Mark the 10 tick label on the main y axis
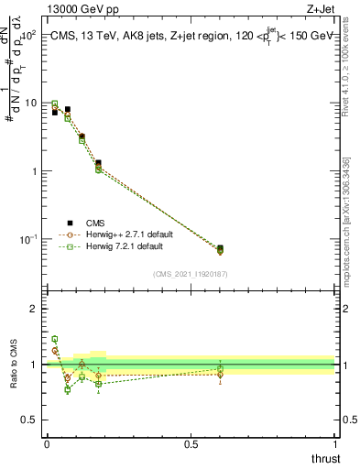[x=30, y=104]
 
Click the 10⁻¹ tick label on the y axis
[x=27, y=239]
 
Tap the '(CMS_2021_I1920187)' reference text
[x=190, y=274]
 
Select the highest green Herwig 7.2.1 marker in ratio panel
[x=54, y=339]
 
